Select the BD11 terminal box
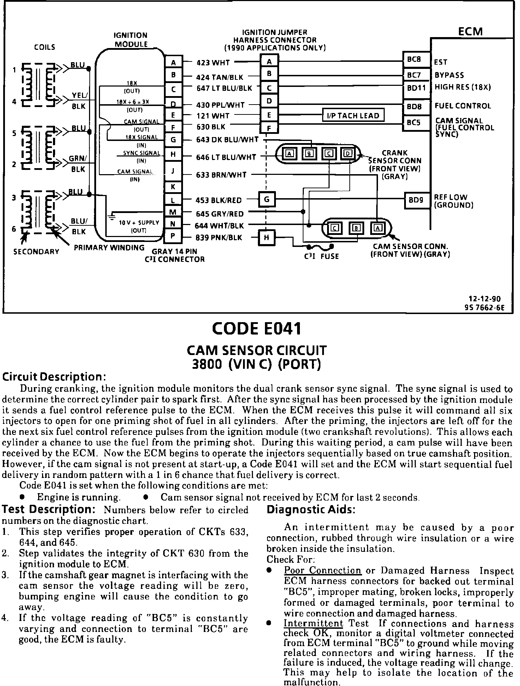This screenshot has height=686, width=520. [416, 87]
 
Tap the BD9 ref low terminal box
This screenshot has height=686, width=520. [416, 200]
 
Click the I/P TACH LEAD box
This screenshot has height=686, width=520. [353, 116]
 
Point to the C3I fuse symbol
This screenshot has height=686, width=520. [320, 247]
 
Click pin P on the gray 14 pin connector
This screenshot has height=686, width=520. [173, 237]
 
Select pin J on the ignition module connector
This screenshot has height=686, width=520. [173, 171]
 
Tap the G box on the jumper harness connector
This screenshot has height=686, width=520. [267, 200]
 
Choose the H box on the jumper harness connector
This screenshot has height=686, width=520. [266, 237]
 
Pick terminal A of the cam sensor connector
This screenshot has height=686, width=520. [378, 228]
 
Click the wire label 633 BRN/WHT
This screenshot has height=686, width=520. [221, 175]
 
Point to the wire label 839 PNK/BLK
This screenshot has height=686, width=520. [219, 238]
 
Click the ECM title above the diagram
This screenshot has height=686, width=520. [470, 31]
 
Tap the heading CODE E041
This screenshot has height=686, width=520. [256, 329]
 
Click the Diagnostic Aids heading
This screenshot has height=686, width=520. [311, 510]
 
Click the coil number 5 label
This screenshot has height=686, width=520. [14, 133]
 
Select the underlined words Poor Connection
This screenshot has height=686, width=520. [323, 571]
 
